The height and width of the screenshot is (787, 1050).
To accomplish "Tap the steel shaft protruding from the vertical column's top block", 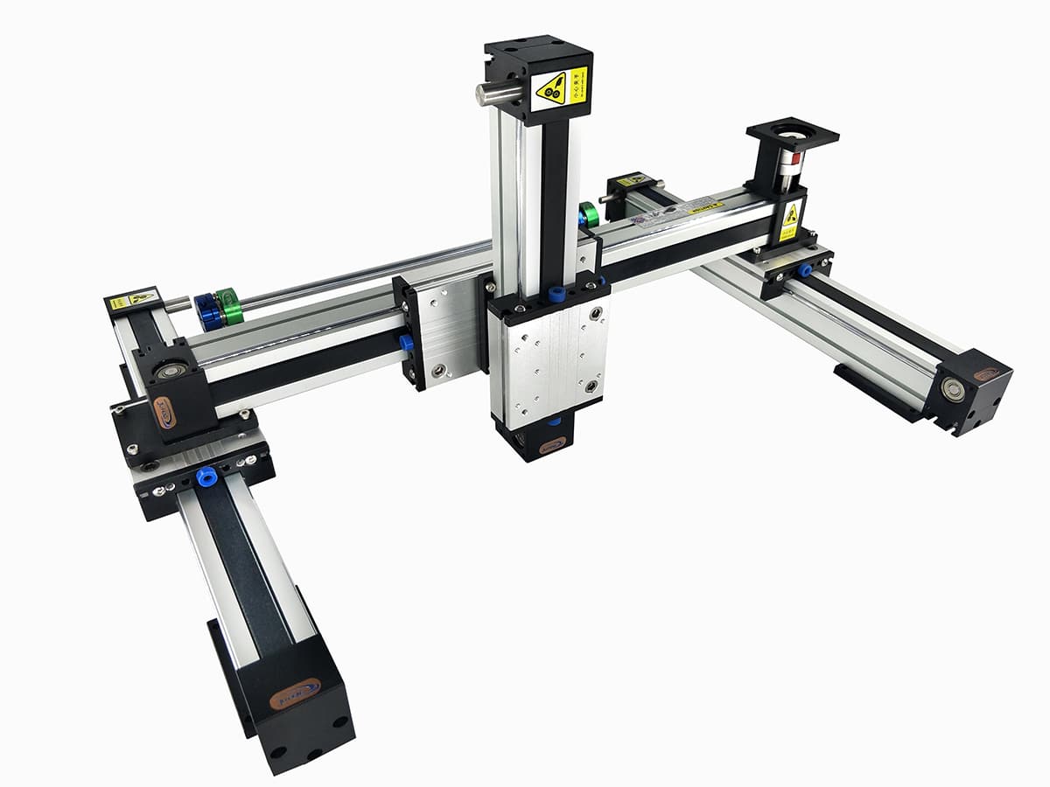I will point(490,94).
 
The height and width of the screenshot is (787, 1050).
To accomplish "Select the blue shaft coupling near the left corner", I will point(208,312).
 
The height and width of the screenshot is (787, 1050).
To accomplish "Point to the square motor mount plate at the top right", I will point(792,134).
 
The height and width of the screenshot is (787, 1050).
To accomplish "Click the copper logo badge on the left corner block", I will point(164,412).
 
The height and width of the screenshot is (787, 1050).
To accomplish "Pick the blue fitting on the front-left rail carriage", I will point(206,477).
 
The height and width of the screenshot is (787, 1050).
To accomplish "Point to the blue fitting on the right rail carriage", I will point(803,271).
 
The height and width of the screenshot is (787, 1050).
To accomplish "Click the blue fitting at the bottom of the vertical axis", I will point(553,422).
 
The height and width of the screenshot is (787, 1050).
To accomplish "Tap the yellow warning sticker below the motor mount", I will point(790,220).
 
